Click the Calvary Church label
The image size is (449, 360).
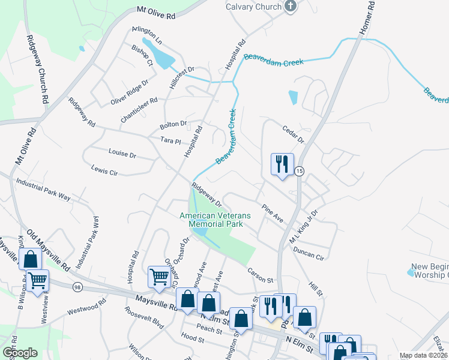pyautogui.click(x=253, y=7)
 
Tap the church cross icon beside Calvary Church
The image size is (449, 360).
pyautogui.click(x=291, y=7)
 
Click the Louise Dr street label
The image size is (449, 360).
pyautogui.click(x=122, y=154)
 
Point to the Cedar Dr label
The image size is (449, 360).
pyautogui.click(x=294, y=134)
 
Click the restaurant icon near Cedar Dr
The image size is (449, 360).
pyautogui.click(x=282, y=164)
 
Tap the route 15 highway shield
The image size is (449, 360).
pyautogui.click(x=299, y=171)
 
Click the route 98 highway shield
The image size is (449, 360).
pyautogui.click(x=77, y=287)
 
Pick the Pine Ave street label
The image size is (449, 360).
pyautogui.click(x=272, y=212)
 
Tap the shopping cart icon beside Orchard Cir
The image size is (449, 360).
pyautogui.click(x=158, y=277)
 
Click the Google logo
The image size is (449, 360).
pyautogui.click(x=20, y=353)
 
